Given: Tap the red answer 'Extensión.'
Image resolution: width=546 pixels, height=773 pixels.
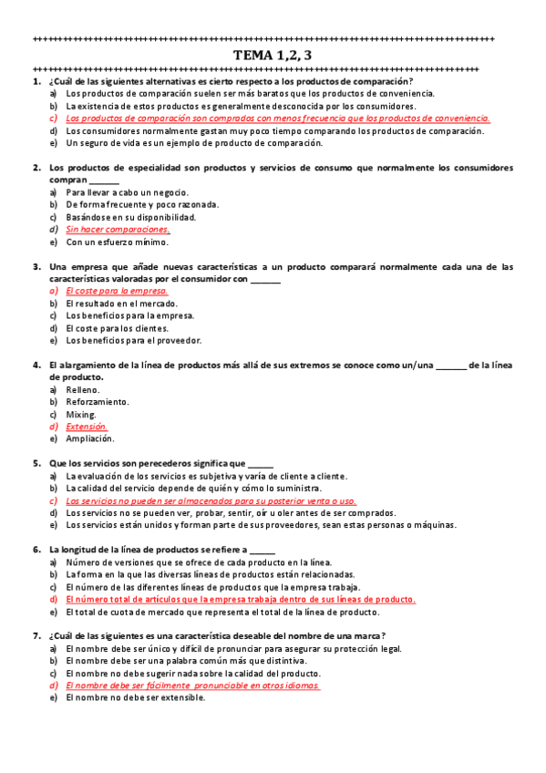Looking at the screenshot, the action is coord(88,426).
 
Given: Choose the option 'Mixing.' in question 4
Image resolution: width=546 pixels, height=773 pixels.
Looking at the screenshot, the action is coord(81,414).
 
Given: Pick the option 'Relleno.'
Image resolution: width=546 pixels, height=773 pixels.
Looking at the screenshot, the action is coord(83,389).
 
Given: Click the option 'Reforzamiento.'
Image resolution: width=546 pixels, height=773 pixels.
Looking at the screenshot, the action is coord(98,401).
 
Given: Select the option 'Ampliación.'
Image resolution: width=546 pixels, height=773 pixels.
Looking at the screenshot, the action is coord(90,438).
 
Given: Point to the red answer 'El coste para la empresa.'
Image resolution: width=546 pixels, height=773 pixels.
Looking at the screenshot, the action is coord(117,291).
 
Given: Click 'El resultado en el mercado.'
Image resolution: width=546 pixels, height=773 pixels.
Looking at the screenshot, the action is coord(122,303).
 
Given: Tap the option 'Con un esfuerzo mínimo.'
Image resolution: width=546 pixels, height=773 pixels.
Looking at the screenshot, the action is coord(118,242).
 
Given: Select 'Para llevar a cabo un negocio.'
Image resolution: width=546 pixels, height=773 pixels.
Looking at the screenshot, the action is coord(128,192).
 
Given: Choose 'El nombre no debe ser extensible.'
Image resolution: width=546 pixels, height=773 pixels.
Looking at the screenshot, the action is coord(136,697).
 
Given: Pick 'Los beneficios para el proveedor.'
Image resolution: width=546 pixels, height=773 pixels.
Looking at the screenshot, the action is coord(134,340).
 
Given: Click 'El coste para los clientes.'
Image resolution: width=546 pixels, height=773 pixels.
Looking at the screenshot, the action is coord(118,328).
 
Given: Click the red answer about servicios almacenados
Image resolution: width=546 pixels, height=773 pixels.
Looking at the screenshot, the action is coord(211,500).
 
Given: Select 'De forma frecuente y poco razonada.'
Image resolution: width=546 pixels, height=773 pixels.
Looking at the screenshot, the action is coord(143,205).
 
